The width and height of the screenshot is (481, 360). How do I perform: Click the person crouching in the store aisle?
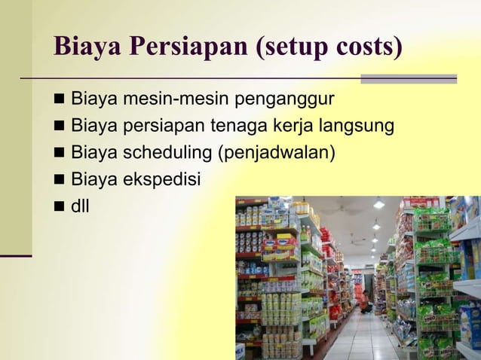click(366, 302)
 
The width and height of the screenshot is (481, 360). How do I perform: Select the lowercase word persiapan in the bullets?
click(158, 126)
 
